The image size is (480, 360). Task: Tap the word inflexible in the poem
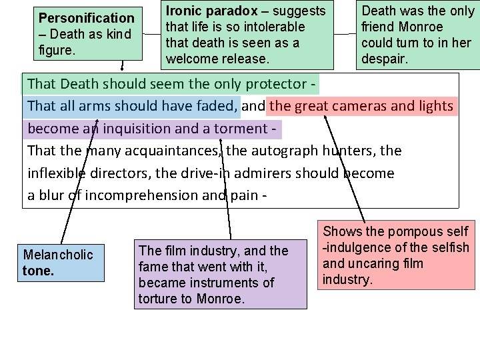pos(56,173)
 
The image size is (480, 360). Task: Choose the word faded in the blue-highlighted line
pos(217,105)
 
